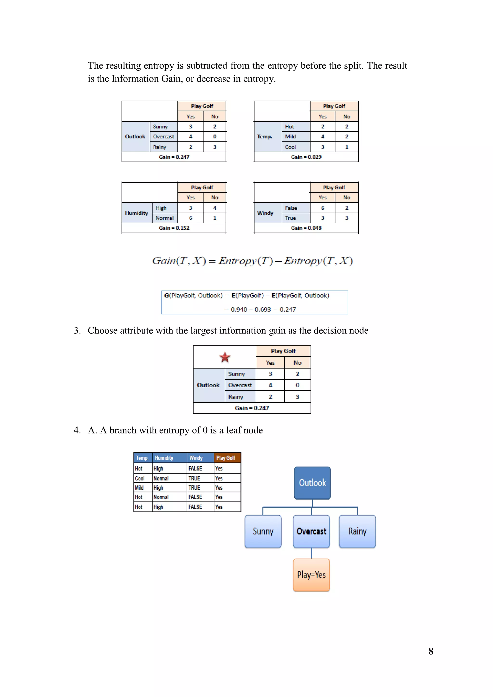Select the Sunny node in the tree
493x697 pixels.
point(263,531)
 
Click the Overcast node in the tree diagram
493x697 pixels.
point(311,531)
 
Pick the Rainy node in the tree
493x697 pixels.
point(357,531)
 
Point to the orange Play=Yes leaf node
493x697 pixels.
point(311,575)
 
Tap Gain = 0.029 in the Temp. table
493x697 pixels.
point(306,157)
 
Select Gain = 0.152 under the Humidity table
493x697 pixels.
point(174,228)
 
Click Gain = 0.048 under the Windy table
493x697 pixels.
point(306,228)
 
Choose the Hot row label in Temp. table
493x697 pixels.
point(289,127)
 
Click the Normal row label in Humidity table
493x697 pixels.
point(165,218)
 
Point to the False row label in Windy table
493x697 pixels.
point(291,208)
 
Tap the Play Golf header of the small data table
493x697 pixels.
point(226,458)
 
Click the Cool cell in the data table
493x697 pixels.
point(140,478)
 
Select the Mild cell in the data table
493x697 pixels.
point(139,488)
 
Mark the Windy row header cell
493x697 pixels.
point(265,213)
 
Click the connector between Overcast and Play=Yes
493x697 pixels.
point(311,553)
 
